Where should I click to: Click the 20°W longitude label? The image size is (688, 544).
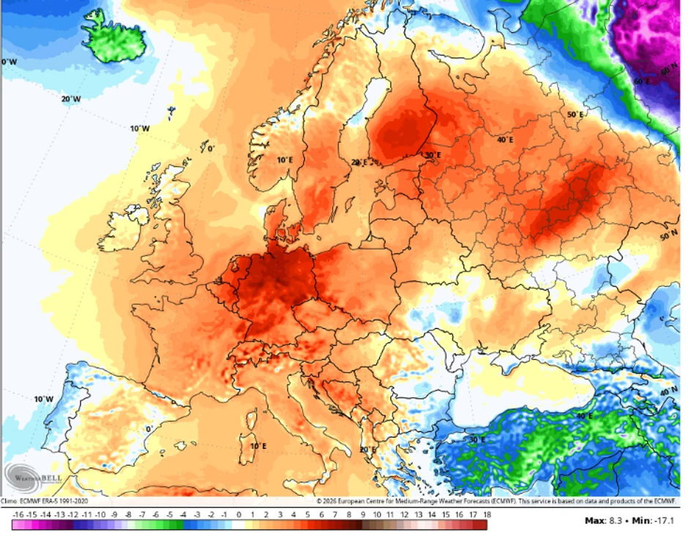click(x=70, y=99)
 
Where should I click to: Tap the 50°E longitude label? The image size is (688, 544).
click(x=575, y=115)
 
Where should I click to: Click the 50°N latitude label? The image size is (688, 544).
click(x=669, y=237)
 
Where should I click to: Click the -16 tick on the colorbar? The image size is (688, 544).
click(x=17, y=515)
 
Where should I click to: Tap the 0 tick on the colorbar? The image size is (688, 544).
click(x=238, y=515)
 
